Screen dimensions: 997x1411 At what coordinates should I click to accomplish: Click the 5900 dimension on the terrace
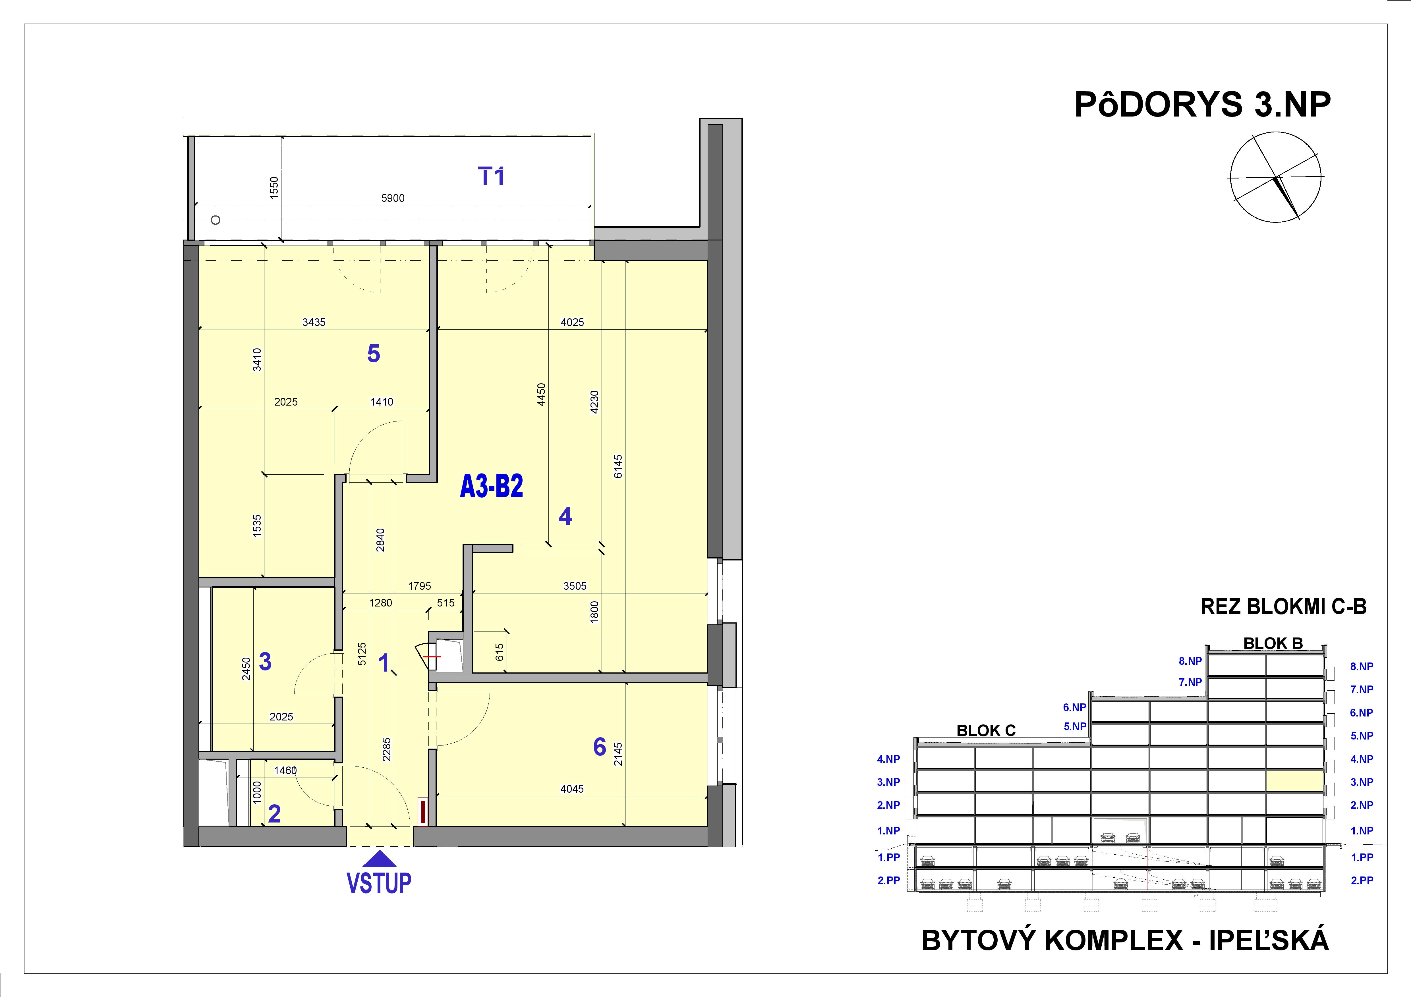click(x=393, y=198)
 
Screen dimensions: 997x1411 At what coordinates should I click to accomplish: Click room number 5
click(x=373, y=354)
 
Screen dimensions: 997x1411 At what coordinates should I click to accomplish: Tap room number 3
click(x=265, y=662)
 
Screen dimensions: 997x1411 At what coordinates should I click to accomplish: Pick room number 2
click(x=274, y=814)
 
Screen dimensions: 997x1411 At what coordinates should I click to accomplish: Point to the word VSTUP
click(x=379, y=883)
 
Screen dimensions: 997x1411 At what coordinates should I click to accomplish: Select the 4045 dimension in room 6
click(x=571, y=789)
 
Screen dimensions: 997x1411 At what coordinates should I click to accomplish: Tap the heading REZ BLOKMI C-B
click(x=1283, y=607)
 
